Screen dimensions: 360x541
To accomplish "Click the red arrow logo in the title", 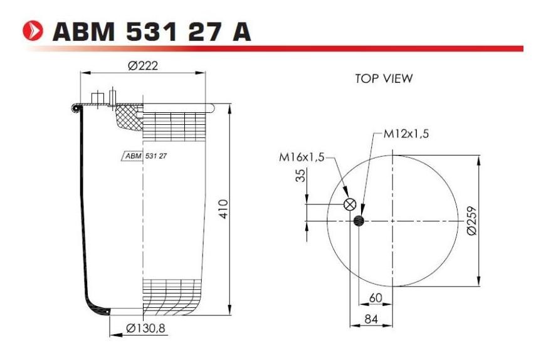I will point(34,31).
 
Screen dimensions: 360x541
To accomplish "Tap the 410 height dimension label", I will point(224,208).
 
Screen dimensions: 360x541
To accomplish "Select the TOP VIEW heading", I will point(384,78).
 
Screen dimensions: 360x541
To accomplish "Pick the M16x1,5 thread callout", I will point(302,157).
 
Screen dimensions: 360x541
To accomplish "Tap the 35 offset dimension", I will point(300,176).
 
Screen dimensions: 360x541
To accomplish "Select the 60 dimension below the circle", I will point(376,298).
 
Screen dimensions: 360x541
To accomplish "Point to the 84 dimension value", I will point(370,320).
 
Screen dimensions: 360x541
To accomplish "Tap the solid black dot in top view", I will point(359,220).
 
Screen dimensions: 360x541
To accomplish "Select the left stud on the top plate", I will point(97,98).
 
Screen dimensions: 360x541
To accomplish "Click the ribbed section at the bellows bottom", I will point(172,295).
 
